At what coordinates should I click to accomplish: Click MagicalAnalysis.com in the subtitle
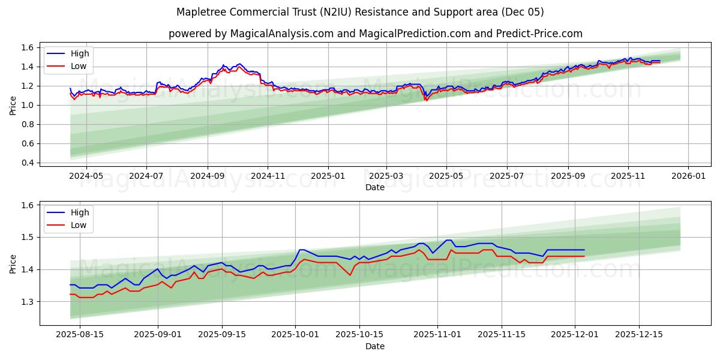pyautogui.click(x=281, y=34)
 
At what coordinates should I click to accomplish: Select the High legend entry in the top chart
pyautogui.click(x=79, y=54)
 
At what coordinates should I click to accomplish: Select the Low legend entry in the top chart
pyautogui.click(x=78, y=66)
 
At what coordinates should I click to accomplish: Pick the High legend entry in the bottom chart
pyautogui.click(x=79, y=212)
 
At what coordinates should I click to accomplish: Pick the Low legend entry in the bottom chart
pyautogui.click(x=78, y=225)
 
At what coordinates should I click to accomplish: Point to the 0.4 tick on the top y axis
pyautogui.click(x=28, y=163)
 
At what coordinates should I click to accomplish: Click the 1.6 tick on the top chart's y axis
pyautogui.click(x=28, y=47)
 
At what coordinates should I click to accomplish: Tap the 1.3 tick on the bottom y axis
pyautogui.click(x=28, y=301)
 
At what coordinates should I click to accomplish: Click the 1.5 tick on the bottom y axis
pyautogui.click(x=28, y=237)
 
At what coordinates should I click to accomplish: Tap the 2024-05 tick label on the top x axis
pyautogui.click(x=86, y=176)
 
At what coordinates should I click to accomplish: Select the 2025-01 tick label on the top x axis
pyautogui.click(x=328, y=176)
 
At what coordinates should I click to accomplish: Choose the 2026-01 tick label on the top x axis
pyautogui.click(x=688, y=176)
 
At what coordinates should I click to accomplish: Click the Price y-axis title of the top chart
pyautogui.click(x=13, y=105)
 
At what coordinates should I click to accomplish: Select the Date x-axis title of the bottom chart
pyautogui.click(x=375, y=346)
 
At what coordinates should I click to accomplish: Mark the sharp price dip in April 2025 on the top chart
pyautogui.click(x=426, y=100)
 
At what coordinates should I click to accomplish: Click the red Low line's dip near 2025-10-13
pyautogui.click(x=350, y=275)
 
